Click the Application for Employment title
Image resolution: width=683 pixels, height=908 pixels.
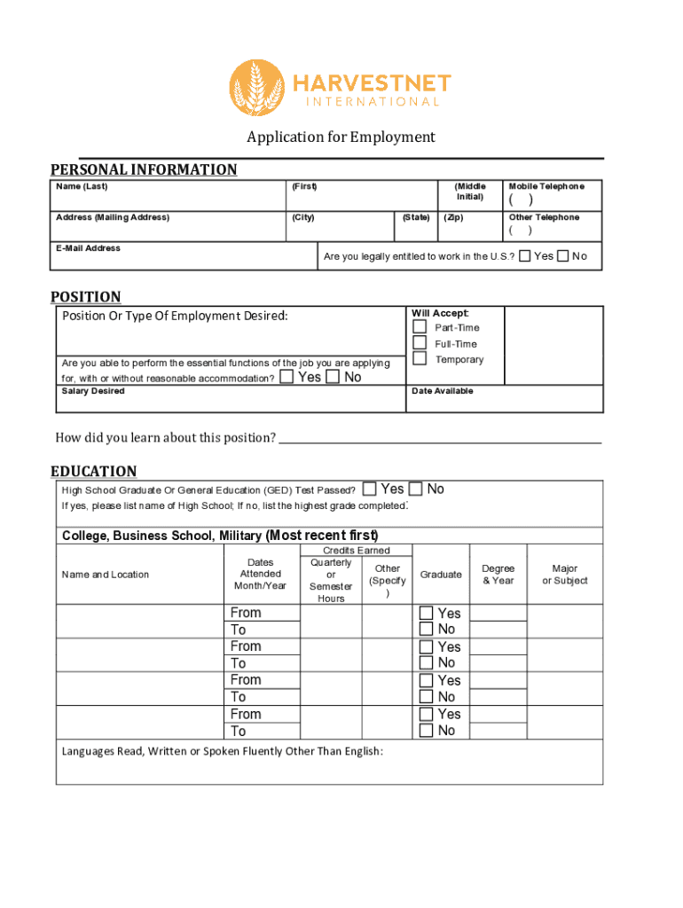coord(341,137)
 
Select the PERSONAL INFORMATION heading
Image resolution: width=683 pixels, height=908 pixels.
coord(144,169)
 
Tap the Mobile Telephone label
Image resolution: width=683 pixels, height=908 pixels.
coord(546,186)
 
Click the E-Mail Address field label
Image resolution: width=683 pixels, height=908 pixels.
coord(88,248)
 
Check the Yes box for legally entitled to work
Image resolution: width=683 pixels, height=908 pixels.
coord(525,256)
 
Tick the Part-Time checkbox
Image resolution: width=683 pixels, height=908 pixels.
coord(420,327)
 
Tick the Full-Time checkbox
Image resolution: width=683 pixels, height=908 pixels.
coord(420,343)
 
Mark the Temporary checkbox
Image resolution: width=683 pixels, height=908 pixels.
coord(420,360)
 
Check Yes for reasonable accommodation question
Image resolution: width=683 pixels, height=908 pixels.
coord(287,378)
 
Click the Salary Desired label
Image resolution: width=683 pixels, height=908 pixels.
coord(93,391)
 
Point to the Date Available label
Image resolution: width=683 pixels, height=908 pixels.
coord(442,391)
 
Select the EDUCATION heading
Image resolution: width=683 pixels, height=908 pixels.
coord(94,471)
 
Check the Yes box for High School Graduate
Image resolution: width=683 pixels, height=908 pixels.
coord(370,489)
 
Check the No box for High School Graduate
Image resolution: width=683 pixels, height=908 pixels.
coord(416,489)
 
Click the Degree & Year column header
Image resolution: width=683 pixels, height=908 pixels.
coord(498,575)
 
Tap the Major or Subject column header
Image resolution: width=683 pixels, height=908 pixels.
coord(565,575)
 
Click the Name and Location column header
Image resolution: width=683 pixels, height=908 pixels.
coord(106,575)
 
